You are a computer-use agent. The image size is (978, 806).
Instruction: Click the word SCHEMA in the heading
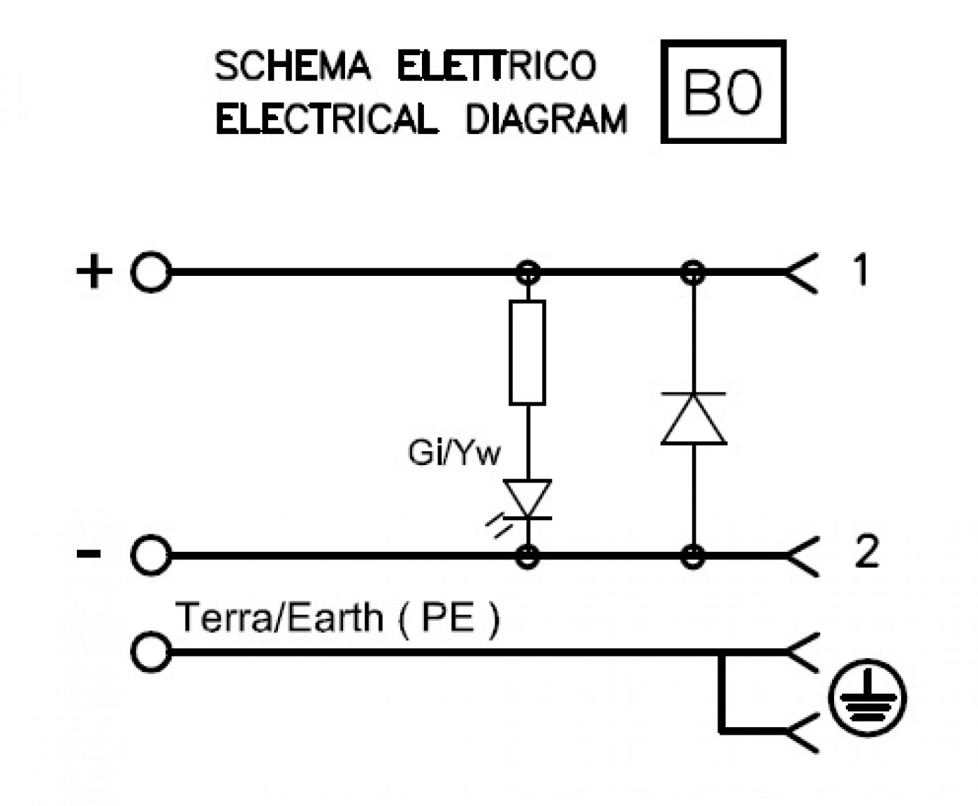tap(293, 66)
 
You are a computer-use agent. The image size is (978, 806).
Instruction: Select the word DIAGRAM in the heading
tap(546, 119)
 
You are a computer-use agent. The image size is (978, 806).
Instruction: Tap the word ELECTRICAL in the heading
tap(326, 119)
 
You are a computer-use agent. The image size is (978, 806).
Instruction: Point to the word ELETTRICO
tap(497, 66)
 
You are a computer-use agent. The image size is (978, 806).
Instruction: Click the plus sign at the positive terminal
tap(94, 271)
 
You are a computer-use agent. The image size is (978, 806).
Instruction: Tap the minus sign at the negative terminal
tap(89, 554)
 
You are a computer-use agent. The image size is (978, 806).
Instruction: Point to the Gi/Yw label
tap(454, 453)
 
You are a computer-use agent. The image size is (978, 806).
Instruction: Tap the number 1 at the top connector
tap(861, 270)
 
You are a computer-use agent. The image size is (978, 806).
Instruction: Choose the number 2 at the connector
tap(866, 551)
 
